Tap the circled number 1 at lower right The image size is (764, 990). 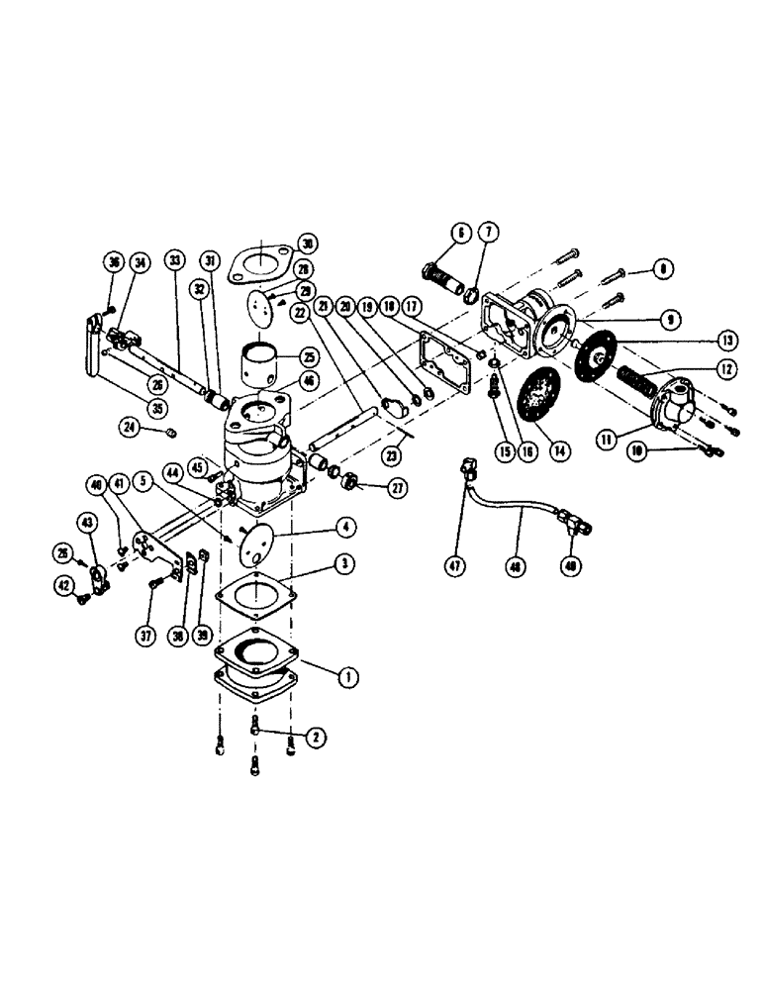tap(347, 677)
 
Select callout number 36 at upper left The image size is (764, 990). tap(112, 261)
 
